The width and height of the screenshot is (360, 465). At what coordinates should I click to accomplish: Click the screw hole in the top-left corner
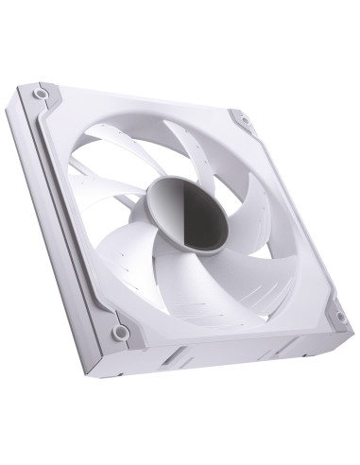pyautogui.click(x=41, y=95)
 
